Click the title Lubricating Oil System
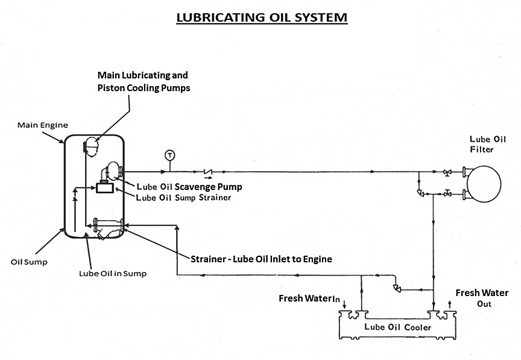261,17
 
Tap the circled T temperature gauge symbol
169,154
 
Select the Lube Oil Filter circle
482,183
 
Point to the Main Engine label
43,125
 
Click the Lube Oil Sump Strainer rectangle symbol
105,188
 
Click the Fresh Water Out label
482,298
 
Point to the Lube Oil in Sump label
113,273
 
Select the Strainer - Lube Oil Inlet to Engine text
261,259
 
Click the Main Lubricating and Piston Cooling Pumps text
143,81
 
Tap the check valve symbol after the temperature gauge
209,172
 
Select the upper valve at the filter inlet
447,172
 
